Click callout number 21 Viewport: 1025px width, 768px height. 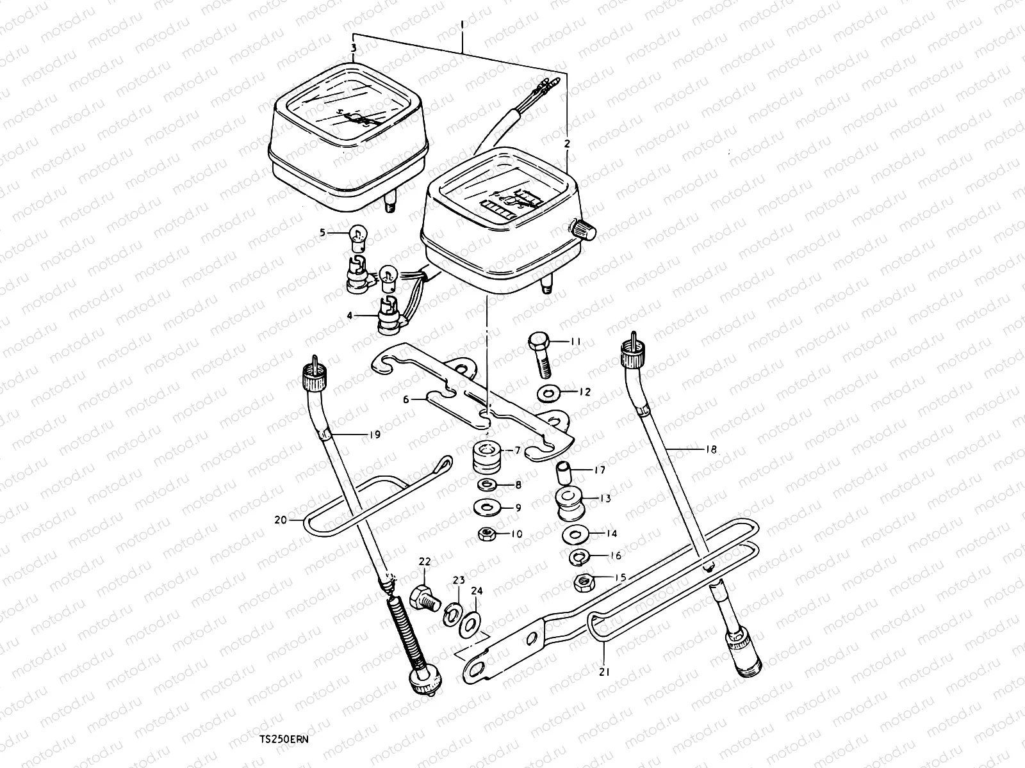(x=605, y=673)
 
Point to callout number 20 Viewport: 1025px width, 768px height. (x=280, y=520)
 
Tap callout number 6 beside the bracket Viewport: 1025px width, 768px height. (x=406, y=399)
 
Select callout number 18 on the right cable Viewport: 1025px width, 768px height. (x=710, y=449)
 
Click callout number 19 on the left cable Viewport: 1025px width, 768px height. (x=375, y=435)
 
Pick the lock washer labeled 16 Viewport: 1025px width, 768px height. (x=579, y=556)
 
